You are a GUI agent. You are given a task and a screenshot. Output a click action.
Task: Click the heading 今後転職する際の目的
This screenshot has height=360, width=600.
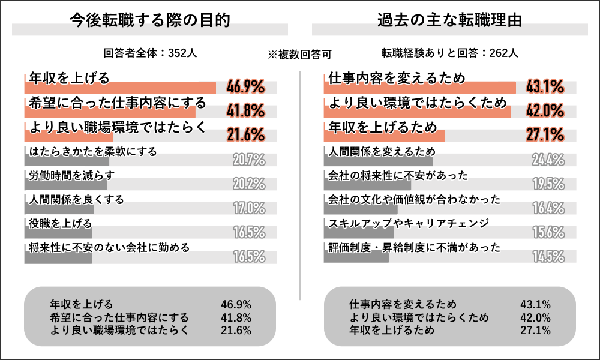coord(150,20)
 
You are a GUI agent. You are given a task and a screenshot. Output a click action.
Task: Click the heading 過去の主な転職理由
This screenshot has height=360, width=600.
coord(449,20)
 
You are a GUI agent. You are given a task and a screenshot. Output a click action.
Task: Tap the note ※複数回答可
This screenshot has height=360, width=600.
coord(300,54)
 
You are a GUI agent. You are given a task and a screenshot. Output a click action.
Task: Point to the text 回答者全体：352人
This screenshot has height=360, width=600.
coord(150,53)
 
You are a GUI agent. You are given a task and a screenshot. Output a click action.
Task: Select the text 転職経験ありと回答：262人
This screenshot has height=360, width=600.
coord(449,53)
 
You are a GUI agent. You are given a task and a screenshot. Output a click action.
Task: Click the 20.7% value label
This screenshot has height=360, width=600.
coord(248,160)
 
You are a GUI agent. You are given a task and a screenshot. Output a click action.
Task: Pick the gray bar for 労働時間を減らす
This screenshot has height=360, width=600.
coord(66,184)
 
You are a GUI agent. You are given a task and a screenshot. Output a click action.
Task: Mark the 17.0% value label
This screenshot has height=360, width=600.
coord(248,208)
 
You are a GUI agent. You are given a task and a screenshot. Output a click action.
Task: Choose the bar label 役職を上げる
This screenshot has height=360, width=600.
coord(61,224)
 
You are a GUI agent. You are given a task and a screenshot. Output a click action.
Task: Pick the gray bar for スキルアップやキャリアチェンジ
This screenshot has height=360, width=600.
coord(359,232)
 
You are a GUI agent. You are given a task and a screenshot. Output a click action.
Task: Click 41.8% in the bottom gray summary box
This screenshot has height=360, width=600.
coord(236,317)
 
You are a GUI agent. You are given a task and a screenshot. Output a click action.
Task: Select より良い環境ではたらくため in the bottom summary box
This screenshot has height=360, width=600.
coord(419,317)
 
